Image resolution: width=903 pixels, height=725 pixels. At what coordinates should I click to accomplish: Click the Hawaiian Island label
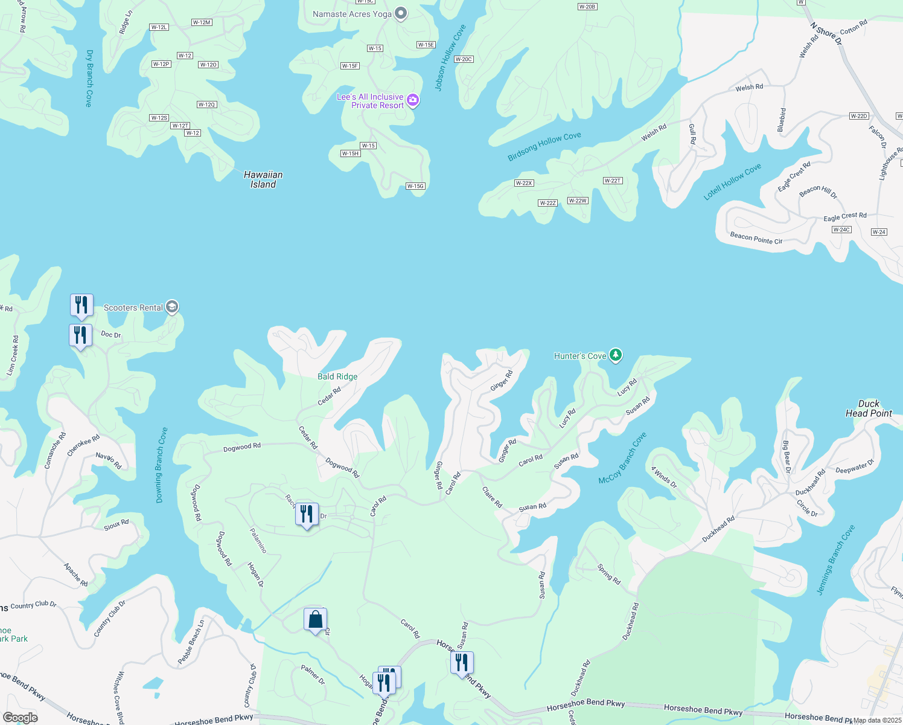(x=263, y=179)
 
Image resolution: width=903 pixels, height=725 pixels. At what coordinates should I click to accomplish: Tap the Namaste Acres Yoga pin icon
(x=401, y=14)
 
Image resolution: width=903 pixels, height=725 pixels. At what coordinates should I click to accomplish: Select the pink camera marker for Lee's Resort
(x=413, y=100)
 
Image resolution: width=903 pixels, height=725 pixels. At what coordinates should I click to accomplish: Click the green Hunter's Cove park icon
(x=615, y=355)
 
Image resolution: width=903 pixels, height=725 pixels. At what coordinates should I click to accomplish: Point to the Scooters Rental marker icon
(x=172, y=308)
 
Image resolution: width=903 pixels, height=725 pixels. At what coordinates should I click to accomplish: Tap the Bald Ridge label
(x=337, y=376)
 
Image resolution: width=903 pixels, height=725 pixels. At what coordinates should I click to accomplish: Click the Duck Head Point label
(x=869, y=408)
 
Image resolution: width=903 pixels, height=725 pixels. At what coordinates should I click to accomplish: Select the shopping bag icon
(x=315, y=619)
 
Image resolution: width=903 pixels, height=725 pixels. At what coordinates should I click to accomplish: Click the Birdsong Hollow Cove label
(x=544, y=146)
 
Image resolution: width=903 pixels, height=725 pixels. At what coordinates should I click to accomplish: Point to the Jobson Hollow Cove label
(x=450, y=58)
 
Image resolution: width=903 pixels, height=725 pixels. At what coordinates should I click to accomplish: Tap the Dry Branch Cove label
(x=89, y=79)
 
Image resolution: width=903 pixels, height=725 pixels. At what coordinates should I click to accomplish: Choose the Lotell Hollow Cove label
(x=732, y=182)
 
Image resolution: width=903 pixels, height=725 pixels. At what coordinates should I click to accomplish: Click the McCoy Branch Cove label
(x=622, y=458)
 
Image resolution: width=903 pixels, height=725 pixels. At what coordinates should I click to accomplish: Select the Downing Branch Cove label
(x=161, y=465)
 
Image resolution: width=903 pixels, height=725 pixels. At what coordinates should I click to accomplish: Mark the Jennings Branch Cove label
(x=835, y=559)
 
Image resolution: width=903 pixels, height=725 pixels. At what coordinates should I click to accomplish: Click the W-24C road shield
(x=841, y=230)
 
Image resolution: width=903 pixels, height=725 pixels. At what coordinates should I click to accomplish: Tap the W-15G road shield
(x=415, y=186)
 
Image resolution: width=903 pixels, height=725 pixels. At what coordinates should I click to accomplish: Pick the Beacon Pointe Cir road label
(x=756, y=238)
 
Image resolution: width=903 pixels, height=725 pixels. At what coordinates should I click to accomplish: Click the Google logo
(x=20, y=718)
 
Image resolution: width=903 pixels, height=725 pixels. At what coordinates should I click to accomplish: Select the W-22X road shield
(x=524, y=183)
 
